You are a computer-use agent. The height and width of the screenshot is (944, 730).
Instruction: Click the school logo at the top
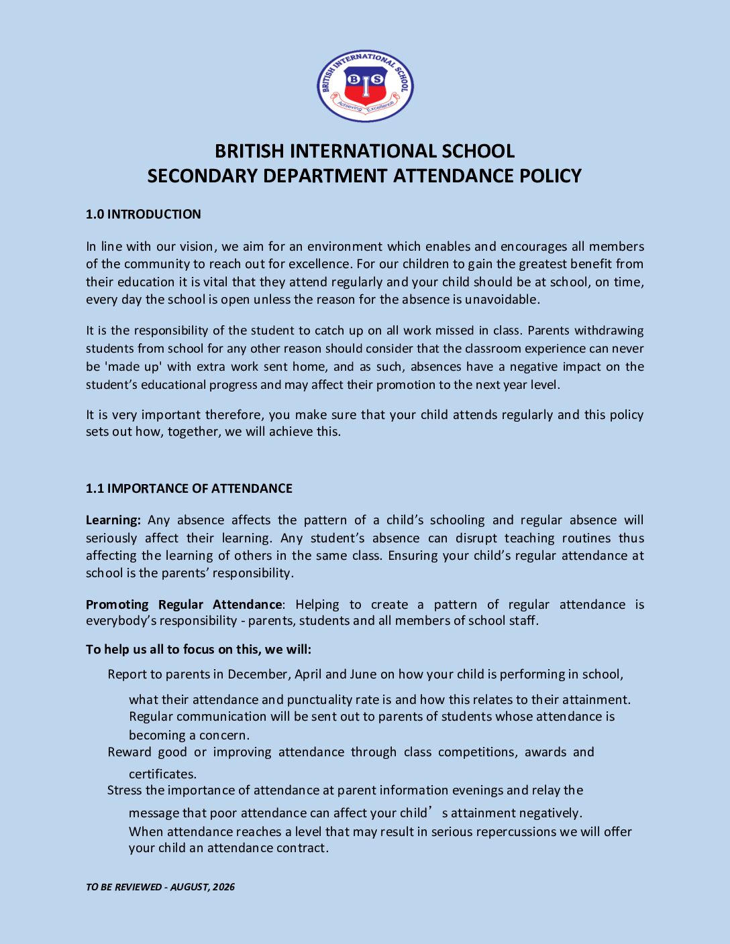365,86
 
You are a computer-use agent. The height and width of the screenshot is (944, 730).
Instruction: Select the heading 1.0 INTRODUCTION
143,215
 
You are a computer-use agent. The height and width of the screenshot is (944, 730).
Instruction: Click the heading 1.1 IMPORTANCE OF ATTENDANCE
189,489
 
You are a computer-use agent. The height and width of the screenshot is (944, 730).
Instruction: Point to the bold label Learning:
113,520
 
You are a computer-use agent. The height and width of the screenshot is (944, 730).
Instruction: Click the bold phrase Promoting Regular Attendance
184,605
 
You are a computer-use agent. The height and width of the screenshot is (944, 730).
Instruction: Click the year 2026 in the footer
224,887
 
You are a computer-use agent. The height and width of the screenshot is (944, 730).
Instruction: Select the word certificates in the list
162,774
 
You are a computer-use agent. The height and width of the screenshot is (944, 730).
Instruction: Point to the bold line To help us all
199,650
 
